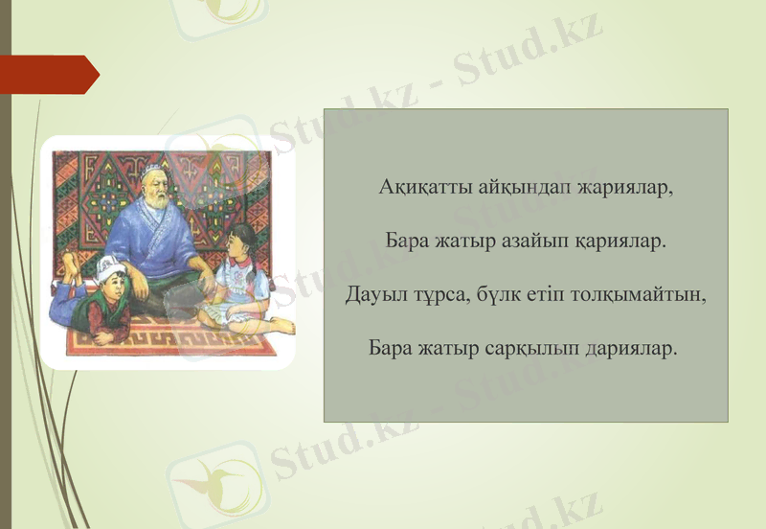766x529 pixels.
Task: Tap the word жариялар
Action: [x=624, y=187]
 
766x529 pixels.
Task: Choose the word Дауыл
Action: [x=372, y=294]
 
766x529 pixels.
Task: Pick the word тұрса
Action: [x=436, y=294]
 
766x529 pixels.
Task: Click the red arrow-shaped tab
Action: [x=48, y=75]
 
